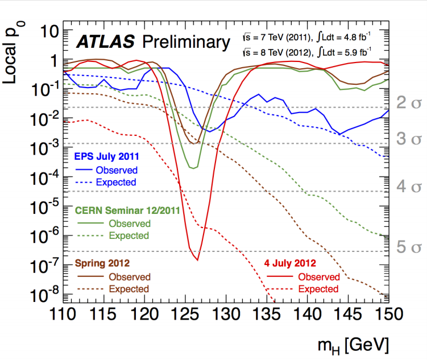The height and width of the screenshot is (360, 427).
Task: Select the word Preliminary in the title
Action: coord(183,43)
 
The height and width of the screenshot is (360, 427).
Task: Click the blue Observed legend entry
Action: coord(116,169)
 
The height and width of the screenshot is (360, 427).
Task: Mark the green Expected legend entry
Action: coord(129,235)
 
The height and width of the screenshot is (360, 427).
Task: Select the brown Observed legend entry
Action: coord(130,277)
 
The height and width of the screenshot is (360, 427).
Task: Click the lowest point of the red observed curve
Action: coord(197,260)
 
